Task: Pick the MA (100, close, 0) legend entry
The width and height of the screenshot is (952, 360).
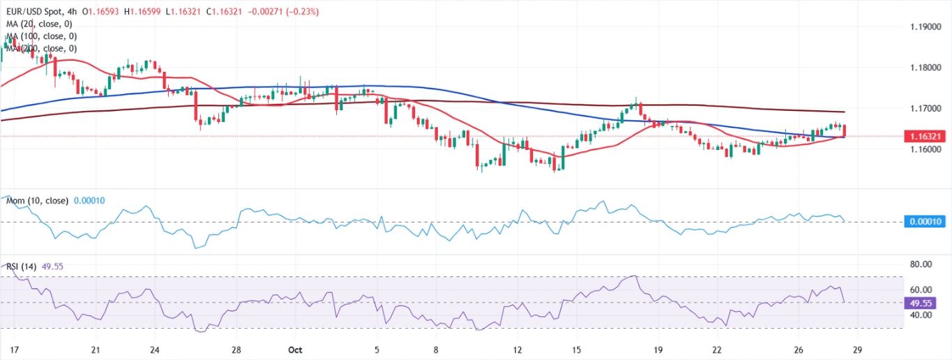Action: (42, 36)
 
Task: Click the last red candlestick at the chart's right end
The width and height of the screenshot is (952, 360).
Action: (845, 130)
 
